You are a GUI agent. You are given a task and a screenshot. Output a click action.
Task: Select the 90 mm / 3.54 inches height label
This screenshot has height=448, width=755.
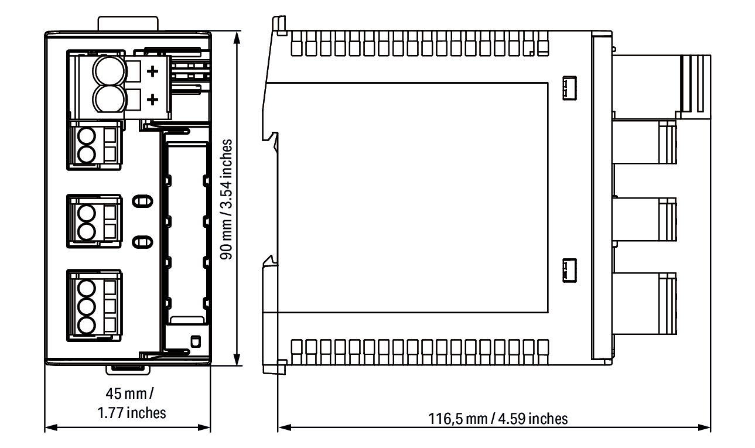(x=226, y=199)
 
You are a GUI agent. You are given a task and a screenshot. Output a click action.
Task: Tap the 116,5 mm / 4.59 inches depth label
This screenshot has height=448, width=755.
(x=498, y=419)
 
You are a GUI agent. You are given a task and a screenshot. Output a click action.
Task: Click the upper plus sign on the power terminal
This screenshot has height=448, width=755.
(x=153, y=71)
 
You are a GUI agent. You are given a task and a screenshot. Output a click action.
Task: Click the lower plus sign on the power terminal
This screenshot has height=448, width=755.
(x=153, y=100)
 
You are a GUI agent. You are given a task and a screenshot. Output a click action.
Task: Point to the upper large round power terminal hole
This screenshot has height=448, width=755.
(x=109, y=71)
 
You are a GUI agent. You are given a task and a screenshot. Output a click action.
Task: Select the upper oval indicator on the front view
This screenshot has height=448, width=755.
(x=142, y=201)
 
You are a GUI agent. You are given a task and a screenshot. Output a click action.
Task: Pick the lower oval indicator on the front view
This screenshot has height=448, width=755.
(x=142, y=242)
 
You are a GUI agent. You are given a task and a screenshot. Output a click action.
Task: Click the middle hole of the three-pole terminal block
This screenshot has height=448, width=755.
(x=86, y=307)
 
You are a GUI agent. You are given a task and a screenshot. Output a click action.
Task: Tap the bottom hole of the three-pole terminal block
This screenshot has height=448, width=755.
(x=86, y=325)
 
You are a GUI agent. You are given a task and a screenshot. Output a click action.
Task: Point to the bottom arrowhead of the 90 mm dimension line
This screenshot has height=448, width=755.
(x=237, y=359)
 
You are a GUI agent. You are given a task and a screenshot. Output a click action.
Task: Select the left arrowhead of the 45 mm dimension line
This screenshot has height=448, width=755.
(x=51, y=428)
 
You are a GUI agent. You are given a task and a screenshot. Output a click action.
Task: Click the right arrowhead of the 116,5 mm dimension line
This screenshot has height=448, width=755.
(x=704, y=428)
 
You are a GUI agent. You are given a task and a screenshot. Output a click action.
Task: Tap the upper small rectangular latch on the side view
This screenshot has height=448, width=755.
(x=569, y=88)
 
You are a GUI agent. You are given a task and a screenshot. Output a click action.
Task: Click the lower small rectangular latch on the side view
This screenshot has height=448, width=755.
(x=569, y=271)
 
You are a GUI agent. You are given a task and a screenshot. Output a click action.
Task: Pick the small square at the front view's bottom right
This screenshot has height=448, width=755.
(x=196, y=341)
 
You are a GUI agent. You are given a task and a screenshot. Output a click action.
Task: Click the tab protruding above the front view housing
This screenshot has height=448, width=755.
(x=128, y=23)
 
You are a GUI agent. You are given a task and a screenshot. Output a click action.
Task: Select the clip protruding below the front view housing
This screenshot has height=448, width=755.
(x=128, y=370)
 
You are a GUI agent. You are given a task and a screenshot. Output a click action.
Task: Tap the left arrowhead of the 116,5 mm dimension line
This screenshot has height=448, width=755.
(x=285, y=428)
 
